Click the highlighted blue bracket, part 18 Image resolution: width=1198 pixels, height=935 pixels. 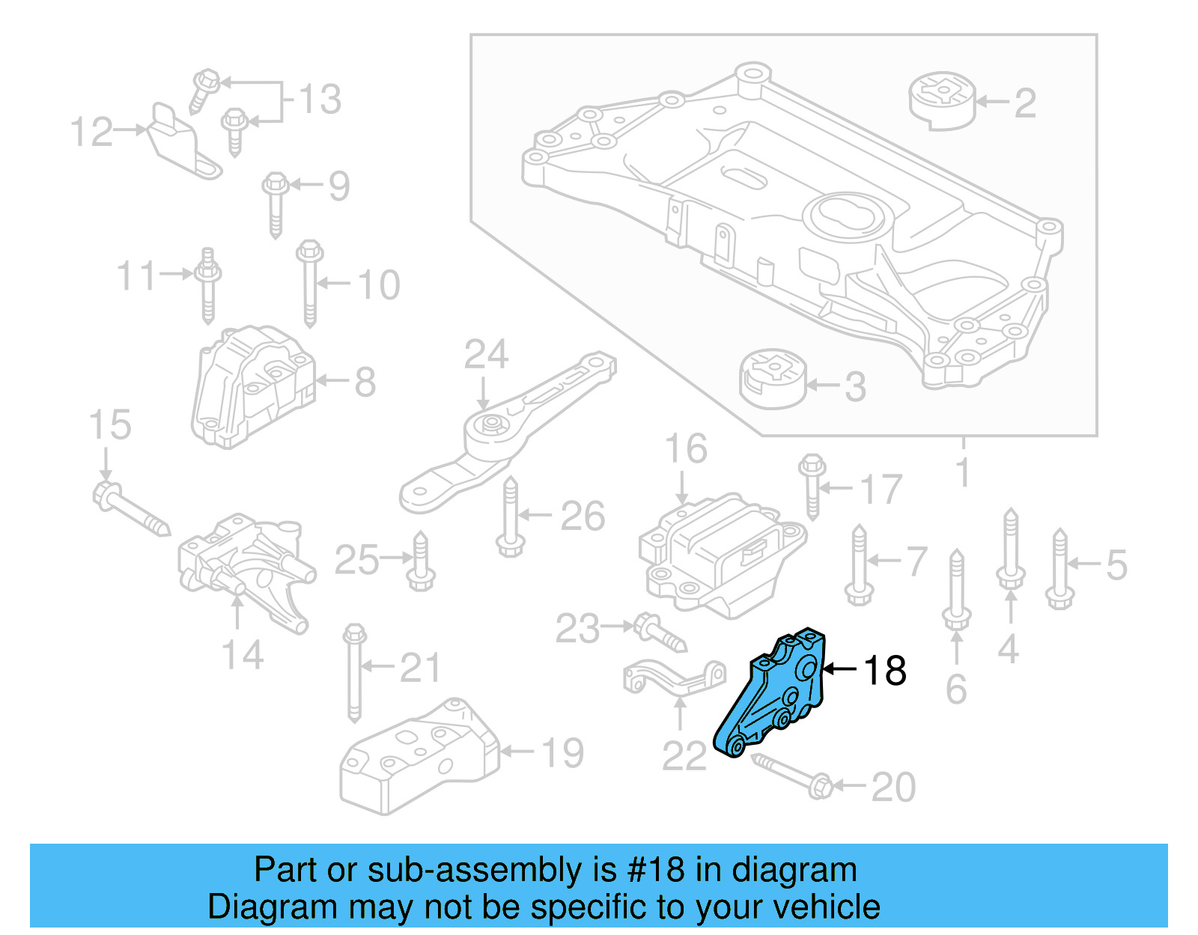tap(775, 692)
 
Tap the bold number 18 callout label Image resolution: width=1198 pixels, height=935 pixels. tap(885, 670)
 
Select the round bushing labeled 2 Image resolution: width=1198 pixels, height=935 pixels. tap(942, 100)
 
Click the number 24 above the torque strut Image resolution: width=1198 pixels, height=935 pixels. tap(486, 354)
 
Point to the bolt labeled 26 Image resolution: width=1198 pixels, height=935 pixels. tap(510, 517)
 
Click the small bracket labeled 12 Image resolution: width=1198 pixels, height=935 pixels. tap(180, 142)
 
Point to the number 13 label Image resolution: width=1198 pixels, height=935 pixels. tap(320, 100)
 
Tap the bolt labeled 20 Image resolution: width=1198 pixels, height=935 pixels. tap(790, 775)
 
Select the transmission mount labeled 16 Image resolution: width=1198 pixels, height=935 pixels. tap(723, 554)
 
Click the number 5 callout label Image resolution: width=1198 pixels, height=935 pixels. tap(1116, 564)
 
